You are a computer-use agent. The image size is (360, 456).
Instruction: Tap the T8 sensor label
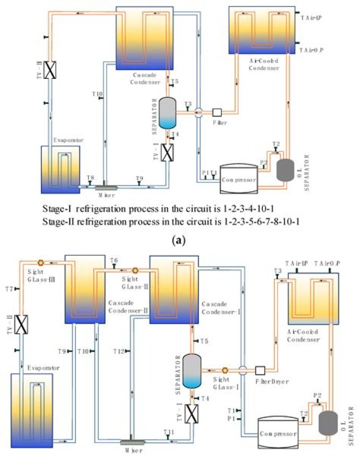pyautogui.click(x=90, y=178)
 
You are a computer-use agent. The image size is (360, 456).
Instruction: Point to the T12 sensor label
pyautogui.click(x=118, y=352)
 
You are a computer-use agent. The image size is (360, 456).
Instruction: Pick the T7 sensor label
pyautogui.click(x=8, y=289)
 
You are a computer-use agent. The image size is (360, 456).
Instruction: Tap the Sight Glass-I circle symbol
pyautogui.click(x=224, y=371)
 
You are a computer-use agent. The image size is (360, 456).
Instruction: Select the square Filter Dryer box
pyautogui.click(x=260, y=371)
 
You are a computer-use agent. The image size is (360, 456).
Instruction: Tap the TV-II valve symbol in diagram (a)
pyautogui.click(x=49, y=69)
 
